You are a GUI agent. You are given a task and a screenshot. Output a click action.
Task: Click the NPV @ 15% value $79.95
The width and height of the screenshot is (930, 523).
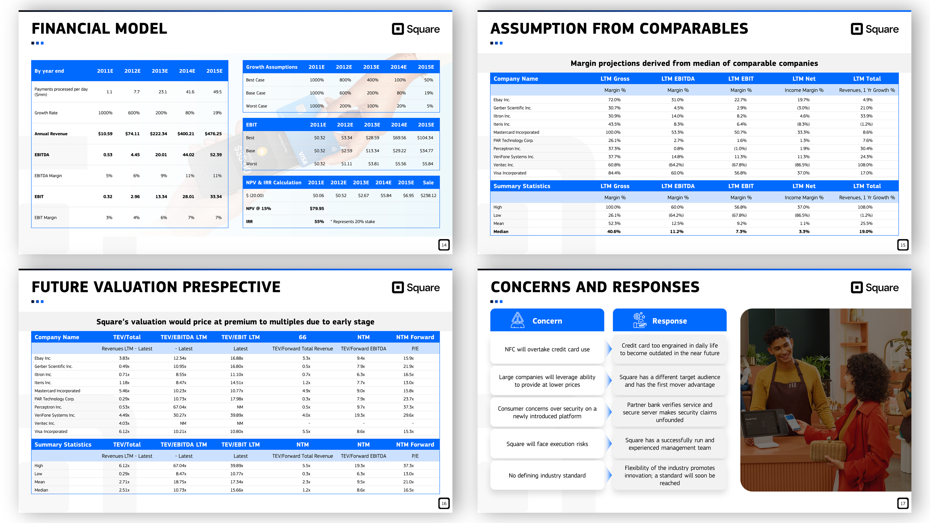[317, 209]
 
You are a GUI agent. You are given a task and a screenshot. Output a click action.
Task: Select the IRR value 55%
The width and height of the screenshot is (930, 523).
[319, 222]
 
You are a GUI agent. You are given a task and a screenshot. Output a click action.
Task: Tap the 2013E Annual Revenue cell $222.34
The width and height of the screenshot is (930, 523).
[158, 134]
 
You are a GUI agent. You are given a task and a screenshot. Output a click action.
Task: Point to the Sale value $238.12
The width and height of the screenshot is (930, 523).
[428, 196]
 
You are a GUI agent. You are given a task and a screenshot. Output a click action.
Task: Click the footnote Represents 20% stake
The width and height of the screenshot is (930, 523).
[353, 222]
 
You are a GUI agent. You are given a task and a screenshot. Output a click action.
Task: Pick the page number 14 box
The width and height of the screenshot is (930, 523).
[444, 245]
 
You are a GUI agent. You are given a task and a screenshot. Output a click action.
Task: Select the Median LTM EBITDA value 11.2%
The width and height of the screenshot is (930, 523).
[677, 232]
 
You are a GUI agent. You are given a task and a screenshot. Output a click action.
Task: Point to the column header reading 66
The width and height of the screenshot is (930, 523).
[302, 337]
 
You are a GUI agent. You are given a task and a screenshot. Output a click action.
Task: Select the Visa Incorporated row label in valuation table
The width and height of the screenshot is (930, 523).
[51, 432]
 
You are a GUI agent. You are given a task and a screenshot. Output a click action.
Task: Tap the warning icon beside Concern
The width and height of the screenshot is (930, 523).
[517, 320]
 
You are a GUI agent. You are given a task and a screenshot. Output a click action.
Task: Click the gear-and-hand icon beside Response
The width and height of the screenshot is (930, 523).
[639, 320]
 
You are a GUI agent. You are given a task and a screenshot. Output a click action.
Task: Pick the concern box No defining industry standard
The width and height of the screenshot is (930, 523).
[547, 476]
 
